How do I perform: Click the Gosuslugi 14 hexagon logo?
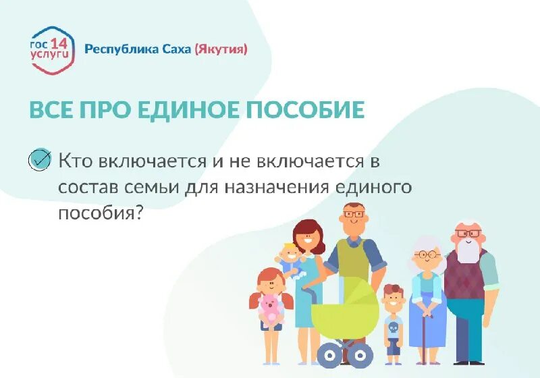pyautogui.click(x=51, y=49)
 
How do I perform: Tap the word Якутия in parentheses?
pyautogui.click(x=221, y=49)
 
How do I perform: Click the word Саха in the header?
pyautogui.click(x=177, y=49)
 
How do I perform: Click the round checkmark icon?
pyautogui.click(x=40, y=159)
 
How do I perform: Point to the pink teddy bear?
pyautogui.click(x=271, y=307)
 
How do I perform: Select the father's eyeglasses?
pyautogui.click(x=352, y=215)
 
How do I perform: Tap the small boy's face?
pyautogui.click(x=392, y=299)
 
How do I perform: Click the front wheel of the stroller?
pyautogui.click(x=329, y=354)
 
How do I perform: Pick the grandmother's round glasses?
pyautogui.click(x=427, y=255)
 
